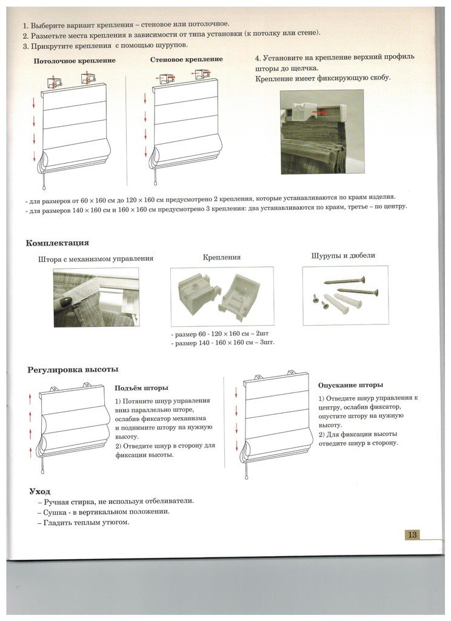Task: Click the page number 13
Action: (x=411, y=534)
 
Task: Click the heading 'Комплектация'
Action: (x=58, y=243)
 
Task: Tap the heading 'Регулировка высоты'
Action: (x=73, y=369)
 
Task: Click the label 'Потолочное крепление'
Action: (x=75, y=61)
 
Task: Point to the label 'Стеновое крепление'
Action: (x=186, y=59)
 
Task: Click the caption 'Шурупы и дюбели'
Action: (x=343, y=255)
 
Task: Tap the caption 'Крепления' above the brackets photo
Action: (x=222, y=257)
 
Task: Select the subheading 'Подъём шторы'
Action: (x=141, y=388)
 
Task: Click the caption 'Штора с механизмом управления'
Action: (x=95, y=259)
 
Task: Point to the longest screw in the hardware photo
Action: (x=344, y=280)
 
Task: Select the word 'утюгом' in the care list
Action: (x=116, y=522)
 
